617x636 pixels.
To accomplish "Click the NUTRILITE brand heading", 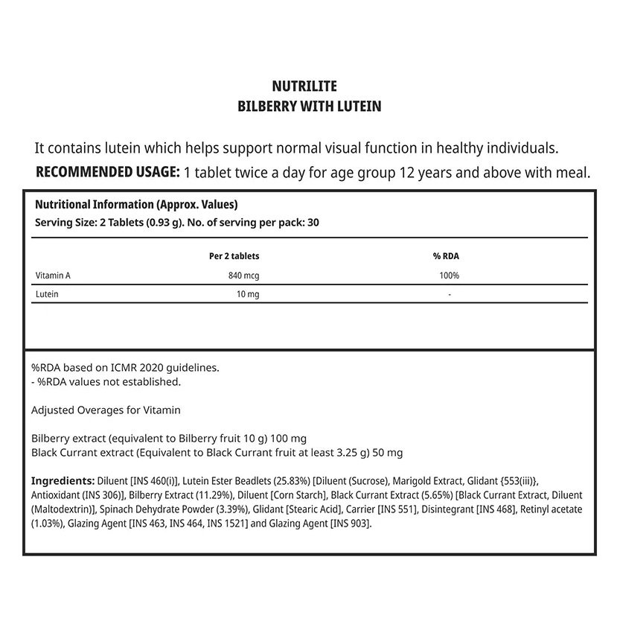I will point(309,87).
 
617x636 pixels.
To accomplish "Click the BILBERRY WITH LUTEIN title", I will point(309,106).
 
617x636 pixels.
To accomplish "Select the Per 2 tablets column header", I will point(234,256).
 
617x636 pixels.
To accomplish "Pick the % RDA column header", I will point(446,256).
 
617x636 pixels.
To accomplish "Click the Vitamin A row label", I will point(53,276).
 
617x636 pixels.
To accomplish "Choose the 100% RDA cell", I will point(450,276).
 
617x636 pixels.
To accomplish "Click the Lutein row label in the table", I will point(47,294).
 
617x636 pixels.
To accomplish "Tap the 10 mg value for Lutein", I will point(248,294).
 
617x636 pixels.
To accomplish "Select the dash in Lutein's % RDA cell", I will point(450,294).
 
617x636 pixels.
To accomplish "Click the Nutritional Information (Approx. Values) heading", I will point(136,205).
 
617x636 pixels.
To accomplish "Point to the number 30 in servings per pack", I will point(313,222).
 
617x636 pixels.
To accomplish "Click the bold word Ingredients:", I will point(63,481).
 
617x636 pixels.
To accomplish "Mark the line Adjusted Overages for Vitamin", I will point(106,410).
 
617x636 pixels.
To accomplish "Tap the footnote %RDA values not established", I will point(106,381).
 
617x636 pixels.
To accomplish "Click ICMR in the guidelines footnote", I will point(119,367).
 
